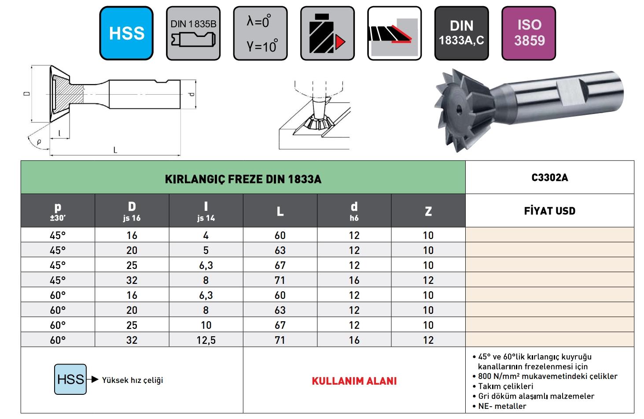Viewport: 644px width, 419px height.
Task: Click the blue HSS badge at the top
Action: (126, 33)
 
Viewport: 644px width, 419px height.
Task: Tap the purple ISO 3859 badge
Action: (529, 33)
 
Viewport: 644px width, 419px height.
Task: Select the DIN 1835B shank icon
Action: (193, 33)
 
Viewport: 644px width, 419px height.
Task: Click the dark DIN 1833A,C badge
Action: (461, 33)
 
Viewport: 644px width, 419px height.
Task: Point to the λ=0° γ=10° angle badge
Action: (261, 33)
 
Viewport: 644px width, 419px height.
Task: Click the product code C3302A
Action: (550, 178)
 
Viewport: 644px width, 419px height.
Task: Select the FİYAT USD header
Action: (550, 211)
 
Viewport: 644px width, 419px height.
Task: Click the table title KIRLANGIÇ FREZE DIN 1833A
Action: (243, 179)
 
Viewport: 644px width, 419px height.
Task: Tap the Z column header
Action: (428, 211)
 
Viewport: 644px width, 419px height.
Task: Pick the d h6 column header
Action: (354, 211)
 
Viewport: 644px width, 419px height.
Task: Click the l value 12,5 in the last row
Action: (206, 340)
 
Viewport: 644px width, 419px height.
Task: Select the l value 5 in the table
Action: (206, 250)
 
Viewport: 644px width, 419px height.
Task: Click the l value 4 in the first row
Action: (206, 235)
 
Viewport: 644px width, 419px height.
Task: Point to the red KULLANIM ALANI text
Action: (354, 381)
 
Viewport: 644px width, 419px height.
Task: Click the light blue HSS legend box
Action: (70, 379)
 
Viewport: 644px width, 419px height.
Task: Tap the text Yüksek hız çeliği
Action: (132, 380)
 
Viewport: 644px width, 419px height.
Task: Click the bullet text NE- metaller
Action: (502, 406)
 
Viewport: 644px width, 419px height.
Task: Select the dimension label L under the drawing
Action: (115, 150)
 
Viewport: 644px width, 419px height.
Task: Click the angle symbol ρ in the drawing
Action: (39, 141)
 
